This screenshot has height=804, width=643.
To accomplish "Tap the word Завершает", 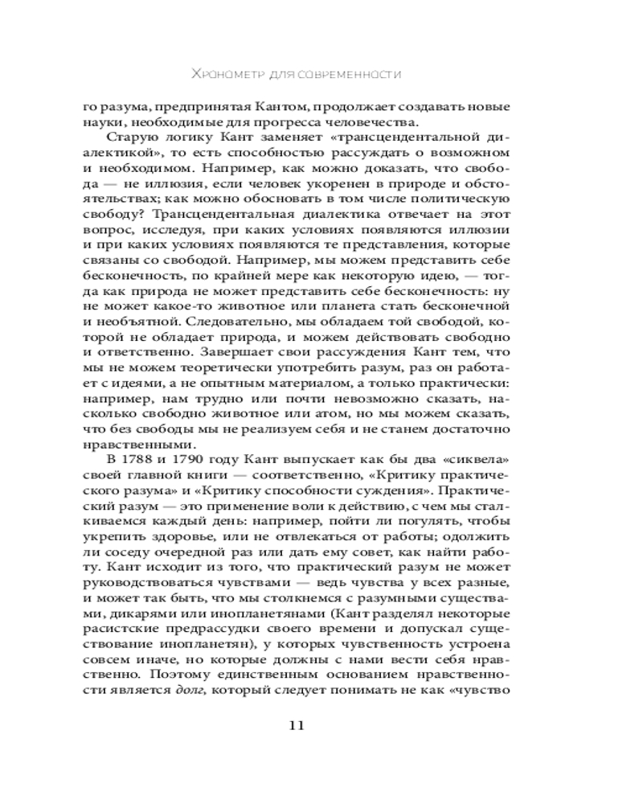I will (x=207, y=353).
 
